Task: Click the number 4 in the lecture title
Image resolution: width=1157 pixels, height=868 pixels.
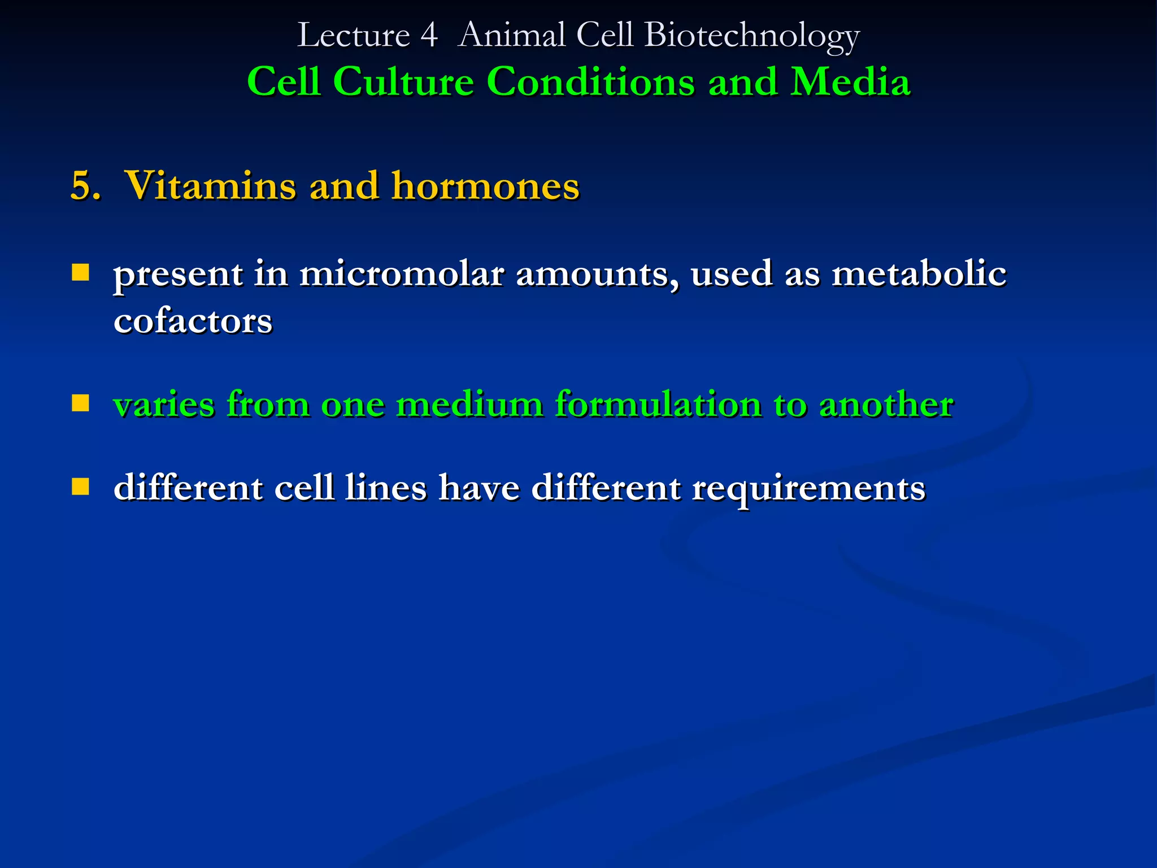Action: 429,36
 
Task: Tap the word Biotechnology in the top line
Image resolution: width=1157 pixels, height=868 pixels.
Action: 751,36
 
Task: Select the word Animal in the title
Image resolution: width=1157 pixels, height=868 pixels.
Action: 511,36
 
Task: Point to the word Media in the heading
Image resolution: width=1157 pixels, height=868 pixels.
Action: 850,82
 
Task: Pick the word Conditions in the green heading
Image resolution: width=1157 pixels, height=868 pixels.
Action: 590,82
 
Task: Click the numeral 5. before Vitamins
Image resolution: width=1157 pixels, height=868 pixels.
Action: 85,186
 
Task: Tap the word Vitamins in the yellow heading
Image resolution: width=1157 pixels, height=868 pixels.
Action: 210,186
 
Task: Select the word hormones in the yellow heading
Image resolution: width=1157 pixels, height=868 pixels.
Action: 485,186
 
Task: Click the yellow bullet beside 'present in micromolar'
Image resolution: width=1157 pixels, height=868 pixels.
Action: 81,273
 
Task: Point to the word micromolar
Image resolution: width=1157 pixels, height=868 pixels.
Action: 401,274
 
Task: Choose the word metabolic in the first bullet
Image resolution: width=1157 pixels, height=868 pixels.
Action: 919,274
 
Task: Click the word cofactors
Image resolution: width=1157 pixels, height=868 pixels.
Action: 193,322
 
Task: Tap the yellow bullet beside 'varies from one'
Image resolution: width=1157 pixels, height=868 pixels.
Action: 81,403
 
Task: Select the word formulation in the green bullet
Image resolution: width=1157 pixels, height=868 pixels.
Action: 658,405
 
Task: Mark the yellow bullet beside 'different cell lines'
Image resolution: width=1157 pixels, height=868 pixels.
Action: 81,487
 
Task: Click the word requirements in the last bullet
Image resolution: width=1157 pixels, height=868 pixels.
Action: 808,489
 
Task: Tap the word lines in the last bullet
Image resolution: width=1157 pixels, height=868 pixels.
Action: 386,488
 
